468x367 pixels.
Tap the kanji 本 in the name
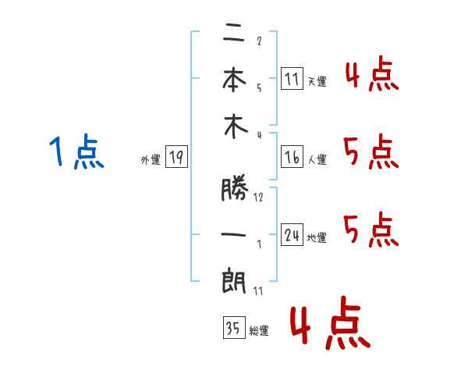pos(234,79)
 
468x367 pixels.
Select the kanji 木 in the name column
pos(236,126)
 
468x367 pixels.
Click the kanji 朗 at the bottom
pos(234,280)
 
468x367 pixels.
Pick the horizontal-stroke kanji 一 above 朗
pos(233,234)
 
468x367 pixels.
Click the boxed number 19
pos(176,157)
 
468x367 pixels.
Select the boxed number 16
pos(292,157)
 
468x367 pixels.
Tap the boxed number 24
pos(292,234)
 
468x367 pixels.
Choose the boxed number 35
pos(234,327)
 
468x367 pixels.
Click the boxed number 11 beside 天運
pos(292,79)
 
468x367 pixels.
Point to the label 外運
pos(151,159)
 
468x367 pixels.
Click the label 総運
pos(259,331)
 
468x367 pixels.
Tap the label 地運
pos(317,238)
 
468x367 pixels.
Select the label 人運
pos(317,159)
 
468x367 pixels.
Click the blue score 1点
pos(76,151)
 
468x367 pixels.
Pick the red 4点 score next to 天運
pos(372,73)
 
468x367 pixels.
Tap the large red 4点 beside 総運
pos(331,322)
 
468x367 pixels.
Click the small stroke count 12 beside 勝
pos(258,197)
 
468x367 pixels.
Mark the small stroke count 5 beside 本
pos(259,87)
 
